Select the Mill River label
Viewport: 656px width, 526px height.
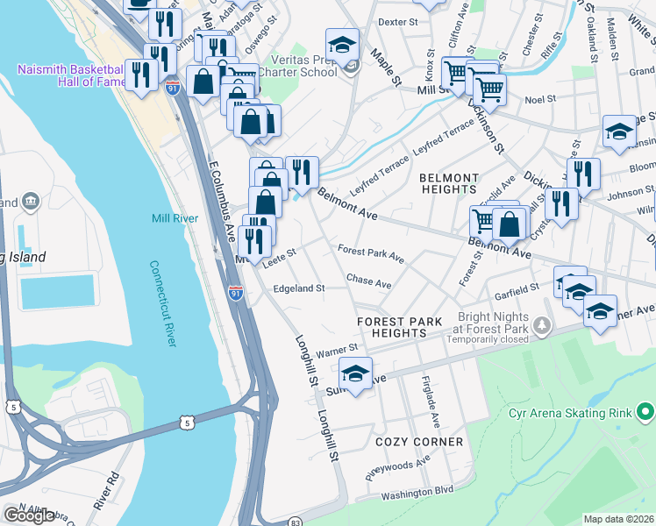coord(175,218)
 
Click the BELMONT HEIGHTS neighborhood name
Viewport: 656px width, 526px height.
coord(448,183)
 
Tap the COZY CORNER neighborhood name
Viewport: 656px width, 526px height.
coord(418,442)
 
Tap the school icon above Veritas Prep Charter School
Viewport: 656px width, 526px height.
coord(342,45)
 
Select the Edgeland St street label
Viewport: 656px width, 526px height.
coord(299,288)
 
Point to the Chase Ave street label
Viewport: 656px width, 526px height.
coord(368,283)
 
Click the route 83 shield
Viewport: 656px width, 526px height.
coord(296,522)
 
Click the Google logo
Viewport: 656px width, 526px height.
coord(29,515)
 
